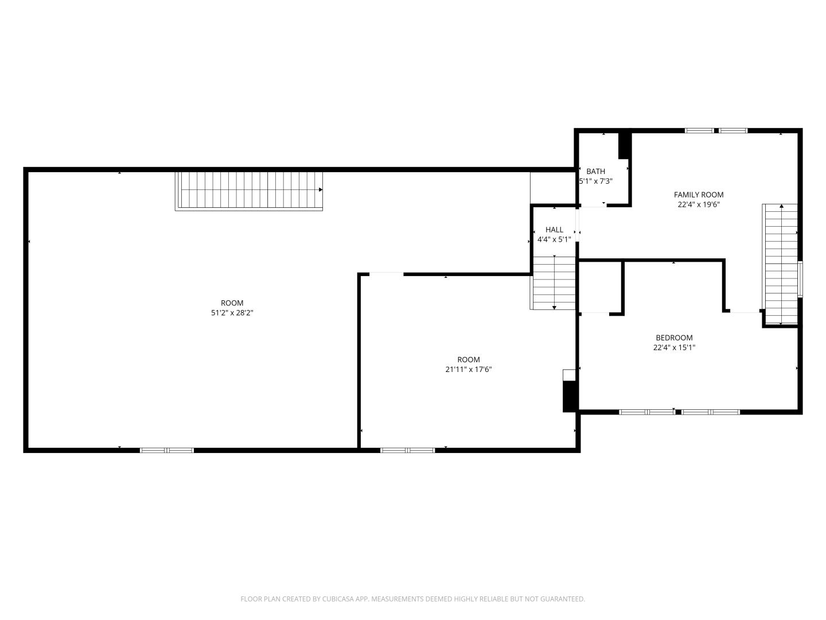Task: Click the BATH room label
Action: [x=595, y=171]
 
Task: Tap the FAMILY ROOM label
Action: [x=699, y=195]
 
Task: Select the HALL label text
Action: [x=554, y=230]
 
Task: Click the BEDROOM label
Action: [x=674, y=338]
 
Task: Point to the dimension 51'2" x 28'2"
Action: [x=232, y=312]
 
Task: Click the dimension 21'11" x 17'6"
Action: [x=469, y=369]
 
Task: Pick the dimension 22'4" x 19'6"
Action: [x=699, y=204]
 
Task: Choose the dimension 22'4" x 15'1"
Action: [x=674, y=347]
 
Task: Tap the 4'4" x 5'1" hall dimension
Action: [x=554, y=239]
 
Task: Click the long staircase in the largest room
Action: [x=249, y=191]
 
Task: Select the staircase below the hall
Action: [x=553, y=282]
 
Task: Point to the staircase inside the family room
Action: [x=780, y=264]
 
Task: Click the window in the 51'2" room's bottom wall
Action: [x=167, y=450]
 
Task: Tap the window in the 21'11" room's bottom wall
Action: [x=407, y=450]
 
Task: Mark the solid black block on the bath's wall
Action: [x=624, y=146]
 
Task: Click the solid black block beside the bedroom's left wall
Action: [x=570, y=396]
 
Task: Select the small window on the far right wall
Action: [x=800, y=279]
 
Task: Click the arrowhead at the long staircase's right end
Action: [x=321, y=189]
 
